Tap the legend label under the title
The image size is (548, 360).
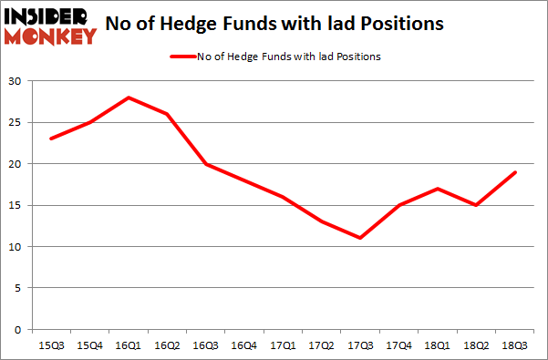290,57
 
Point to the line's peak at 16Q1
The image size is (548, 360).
129,98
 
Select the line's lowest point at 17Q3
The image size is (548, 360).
360,238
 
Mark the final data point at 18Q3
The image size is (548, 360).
515,172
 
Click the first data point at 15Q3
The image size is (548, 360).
51,139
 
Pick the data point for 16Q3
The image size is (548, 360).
206,164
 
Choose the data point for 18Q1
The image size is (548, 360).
438,189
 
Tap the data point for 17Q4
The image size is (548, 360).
399,205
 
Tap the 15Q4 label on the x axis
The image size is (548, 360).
90,345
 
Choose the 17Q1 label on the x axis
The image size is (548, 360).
284,345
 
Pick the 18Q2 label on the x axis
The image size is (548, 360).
477,345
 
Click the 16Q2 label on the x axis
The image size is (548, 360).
168,345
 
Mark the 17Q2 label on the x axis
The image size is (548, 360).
322,345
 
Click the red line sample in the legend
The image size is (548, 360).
183,57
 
